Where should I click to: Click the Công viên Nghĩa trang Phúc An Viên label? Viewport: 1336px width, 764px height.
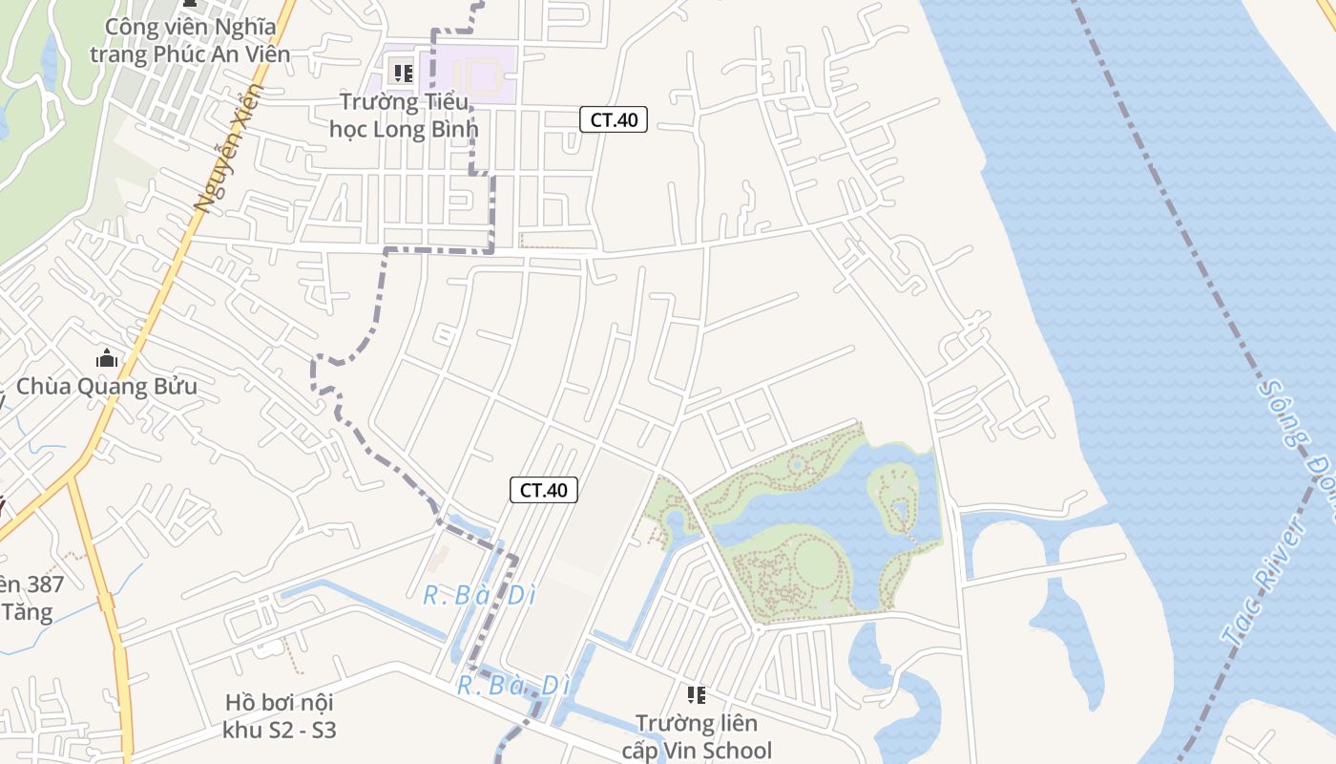click(190, 40)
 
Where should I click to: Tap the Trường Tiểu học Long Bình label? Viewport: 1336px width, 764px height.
click(403, 115)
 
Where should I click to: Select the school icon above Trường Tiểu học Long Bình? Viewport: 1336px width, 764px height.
click(403, 73)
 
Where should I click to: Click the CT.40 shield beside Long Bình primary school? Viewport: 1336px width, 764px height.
click(614, 119)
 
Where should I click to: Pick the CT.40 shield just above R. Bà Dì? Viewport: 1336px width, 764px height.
click(544, 490)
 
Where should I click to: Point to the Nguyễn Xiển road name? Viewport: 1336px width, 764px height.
click(227, 148)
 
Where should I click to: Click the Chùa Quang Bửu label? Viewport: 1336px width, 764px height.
click(107, 387)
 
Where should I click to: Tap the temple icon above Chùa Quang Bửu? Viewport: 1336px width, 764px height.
click(107, 359)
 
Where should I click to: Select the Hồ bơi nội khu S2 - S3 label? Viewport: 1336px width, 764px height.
click(280, 717)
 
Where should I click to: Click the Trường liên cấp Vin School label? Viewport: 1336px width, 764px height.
click(697, 737)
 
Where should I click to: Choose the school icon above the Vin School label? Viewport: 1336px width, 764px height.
click(697, 695)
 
